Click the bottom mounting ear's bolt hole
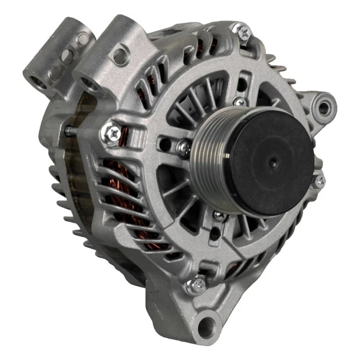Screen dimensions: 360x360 tap(208, 323)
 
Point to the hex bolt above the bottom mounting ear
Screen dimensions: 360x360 tap(197, 284)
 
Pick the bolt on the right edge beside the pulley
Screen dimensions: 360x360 tap(319, 181)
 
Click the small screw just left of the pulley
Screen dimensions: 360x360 tap(183, 145)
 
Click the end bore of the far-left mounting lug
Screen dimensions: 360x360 tap(36, 81)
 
